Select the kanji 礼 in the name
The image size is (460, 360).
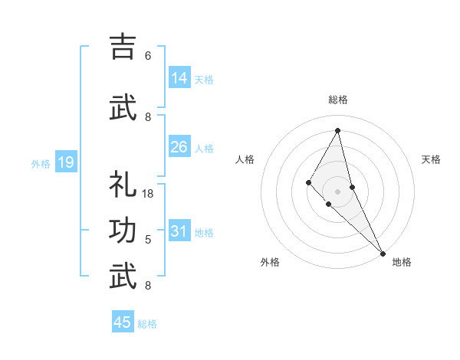point(123,185)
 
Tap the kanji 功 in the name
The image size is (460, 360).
point(123,231)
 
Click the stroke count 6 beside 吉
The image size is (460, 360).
point(148,55)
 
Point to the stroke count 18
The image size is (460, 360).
point(149,194)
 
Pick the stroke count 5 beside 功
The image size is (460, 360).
point(148,240)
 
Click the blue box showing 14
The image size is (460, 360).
point(179,78)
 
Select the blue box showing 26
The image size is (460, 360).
point(179,147)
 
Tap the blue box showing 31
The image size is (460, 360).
point(179,231)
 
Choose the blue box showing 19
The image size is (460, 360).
point(65,162)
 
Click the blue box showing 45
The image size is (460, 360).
point(123,322)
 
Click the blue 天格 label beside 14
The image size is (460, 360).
point(204,80)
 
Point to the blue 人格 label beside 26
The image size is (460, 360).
point(204,149)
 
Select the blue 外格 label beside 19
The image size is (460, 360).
point(41,163)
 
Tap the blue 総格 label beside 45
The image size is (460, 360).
point(147,324)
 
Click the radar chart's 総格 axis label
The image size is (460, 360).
point(338,100)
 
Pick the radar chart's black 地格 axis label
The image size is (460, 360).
point(402,262)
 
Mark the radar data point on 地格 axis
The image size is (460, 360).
point(382,252)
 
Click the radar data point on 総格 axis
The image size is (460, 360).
point(338,130)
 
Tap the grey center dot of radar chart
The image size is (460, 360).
point(338,191)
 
